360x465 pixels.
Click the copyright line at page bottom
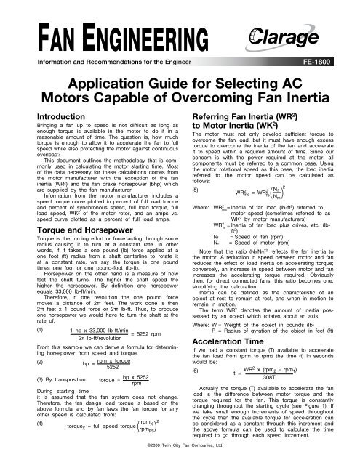coord(180,460)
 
